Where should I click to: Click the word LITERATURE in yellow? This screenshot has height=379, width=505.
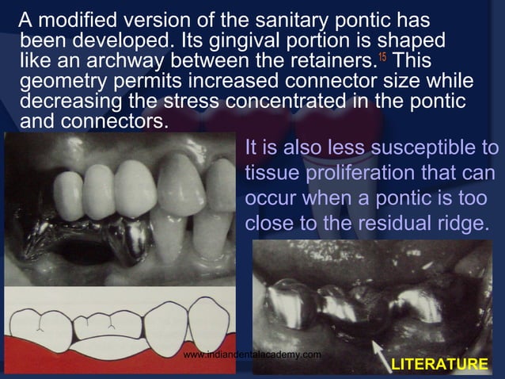(x=439, y=364)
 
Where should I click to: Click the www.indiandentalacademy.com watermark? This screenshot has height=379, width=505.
(x=252, y=354)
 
